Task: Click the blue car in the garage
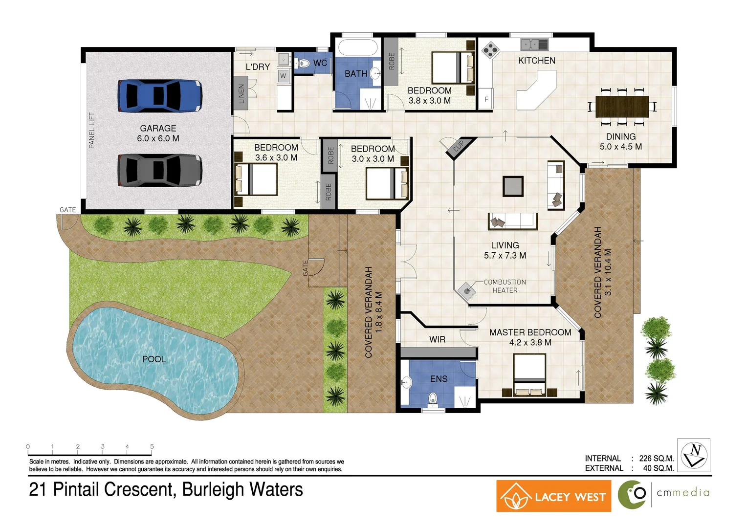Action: point(160,95)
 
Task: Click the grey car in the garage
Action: point(160,170)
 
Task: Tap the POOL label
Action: point(154,359)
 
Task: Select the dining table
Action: point(622,107)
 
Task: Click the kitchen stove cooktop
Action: point(490,49)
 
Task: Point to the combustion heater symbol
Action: point(467,291)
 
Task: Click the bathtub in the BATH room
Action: point(358,48)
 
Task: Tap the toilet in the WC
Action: point(304,63)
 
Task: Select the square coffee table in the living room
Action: point(513,186)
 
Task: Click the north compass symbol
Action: point(694,455)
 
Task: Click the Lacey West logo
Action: point(553,496)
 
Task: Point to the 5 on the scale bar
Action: point(152,446)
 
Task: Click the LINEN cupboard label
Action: point(241,93)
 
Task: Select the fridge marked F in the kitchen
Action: point(486,99)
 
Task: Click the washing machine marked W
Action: point(283,76)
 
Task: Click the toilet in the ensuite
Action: point(433,399)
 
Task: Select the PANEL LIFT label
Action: point(92,131)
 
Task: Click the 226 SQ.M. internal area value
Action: point(656,459)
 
